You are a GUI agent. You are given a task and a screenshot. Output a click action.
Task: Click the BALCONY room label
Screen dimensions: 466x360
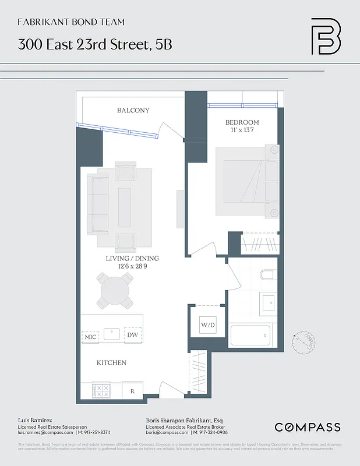pyautogui.click(x=133, y=110)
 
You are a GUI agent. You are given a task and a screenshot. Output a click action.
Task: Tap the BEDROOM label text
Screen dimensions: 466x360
pyautogui.click(x=242, y=122)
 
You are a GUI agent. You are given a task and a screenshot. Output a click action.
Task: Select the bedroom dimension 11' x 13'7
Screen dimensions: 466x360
pyautogui.click(x=242, y=130)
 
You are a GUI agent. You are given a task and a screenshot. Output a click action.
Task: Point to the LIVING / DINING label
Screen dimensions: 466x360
pyautogui.click(x=132, y=259)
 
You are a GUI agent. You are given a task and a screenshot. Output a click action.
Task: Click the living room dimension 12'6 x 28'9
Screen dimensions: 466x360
pyautogui.click(x=132, y=267)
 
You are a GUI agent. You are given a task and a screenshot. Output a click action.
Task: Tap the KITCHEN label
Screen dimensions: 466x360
pyautogui.click(x=111, y=363)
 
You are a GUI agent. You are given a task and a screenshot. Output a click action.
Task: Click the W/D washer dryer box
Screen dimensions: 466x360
pyautogui.click(x=209, y=325)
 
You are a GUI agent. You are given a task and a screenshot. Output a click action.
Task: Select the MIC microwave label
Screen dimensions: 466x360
pyautogui.click(x=90, y=337)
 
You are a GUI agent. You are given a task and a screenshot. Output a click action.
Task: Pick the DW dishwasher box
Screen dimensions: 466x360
pyautogui.click(x=133, y=334)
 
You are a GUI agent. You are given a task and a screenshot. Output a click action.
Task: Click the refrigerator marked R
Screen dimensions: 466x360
pyautogui.click(x=132, y=391)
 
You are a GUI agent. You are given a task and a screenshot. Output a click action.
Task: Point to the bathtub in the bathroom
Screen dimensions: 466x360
pyautogui.click(x=250, y=336)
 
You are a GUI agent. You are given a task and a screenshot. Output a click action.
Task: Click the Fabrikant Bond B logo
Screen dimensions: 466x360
pyautogui.click(x=325, y=36)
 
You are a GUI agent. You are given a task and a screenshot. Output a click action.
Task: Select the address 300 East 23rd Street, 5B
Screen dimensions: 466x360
pyautogui.click(x=95, y=45)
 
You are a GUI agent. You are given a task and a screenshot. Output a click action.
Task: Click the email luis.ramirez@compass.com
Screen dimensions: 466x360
pyautogui.click(x=45, y=432)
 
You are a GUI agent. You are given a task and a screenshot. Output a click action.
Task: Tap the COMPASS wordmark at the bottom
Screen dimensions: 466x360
pyautogui.click(x=307, y=428)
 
